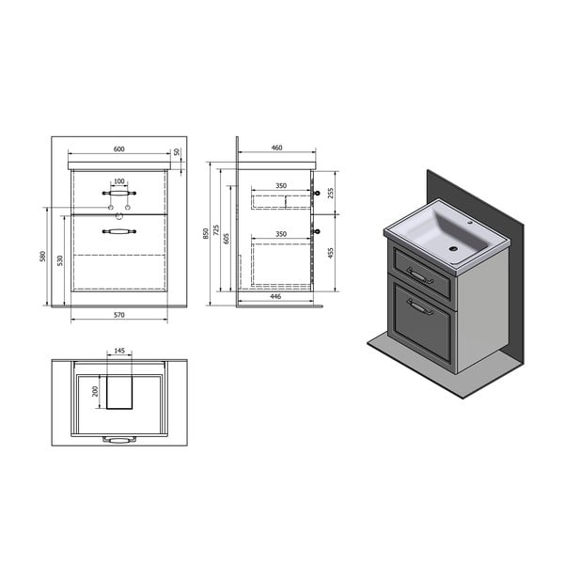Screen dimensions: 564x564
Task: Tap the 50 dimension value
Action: (x=176, y=151)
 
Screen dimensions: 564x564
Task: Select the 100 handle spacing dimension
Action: (x=118, y=181)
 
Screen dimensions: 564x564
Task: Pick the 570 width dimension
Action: (x=118, y=314)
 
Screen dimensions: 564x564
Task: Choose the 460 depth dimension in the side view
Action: (x=277, y=148)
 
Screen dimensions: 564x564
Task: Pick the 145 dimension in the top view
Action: (x=118, y=352)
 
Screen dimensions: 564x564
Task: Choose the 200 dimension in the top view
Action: (x=95, y=390)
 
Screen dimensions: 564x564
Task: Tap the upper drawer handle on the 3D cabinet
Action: (x=419, y=275)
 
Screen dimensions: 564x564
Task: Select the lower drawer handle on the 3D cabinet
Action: (x=420, y=306)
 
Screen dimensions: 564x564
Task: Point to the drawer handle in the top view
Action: (x=118, y=438)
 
